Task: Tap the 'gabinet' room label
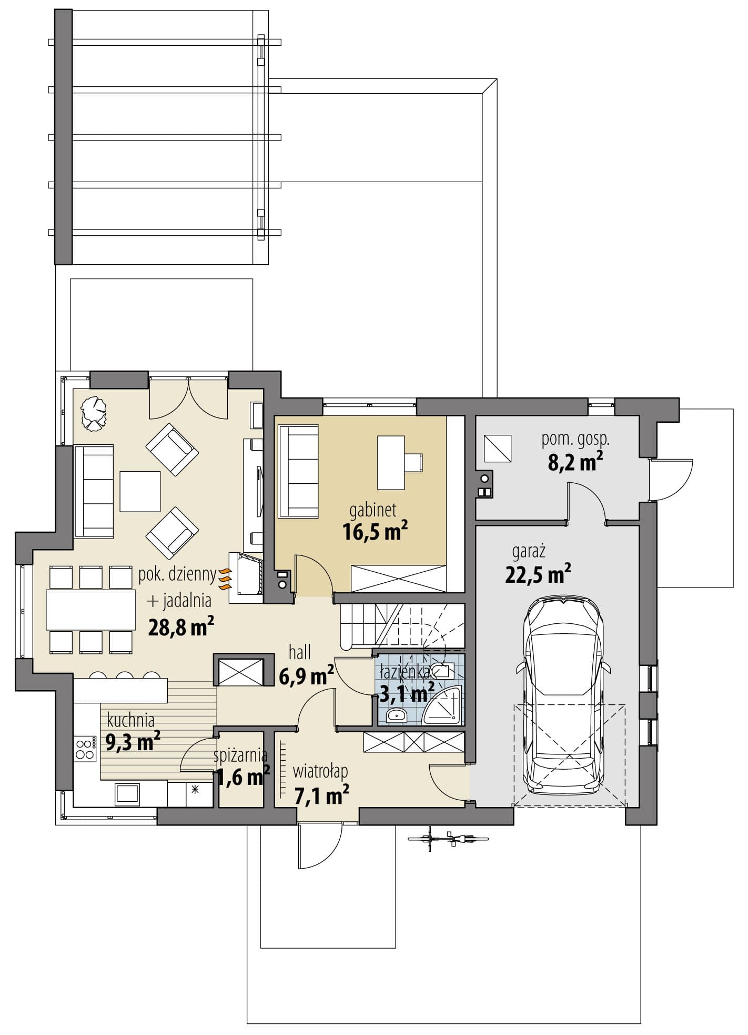(x=373, y=510)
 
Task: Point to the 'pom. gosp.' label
(x=575, y=440)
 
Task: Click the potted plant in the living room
(x=94, y=413)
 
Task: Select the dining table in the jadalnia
(x=90, y=610)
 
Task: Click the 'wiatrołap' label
(x=320, y=772)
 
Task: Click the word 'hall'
(x=300, y=653)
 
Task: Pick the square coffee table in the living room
(x=140, y=491)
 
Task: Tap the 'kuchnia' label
(x=130, y=720)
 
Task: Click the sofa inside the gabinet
(x=298, y=471)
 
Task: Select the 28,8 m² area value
(x=181, y=626)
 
